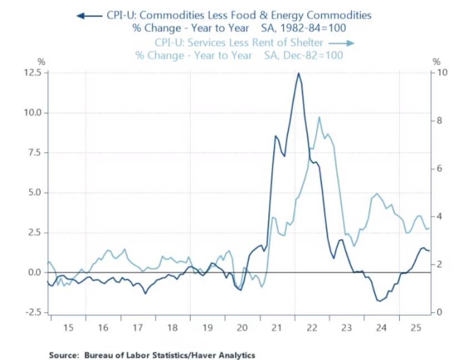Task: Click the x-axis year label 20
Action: (x=242, y=328)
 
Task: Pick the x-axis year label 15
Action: (x=68, y=328)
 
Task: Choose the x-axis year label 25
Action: (x=415, y=328)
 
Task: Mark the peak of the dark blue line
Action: (x=298, y=73)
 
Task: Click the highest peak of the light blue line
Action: (x=319, y=117)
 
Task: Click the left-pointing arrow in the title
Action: (x=89, y=16)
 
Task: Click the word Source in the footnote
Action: (x=62, y=354)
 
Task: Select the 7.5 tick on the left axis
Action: (x=36, y=153)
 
